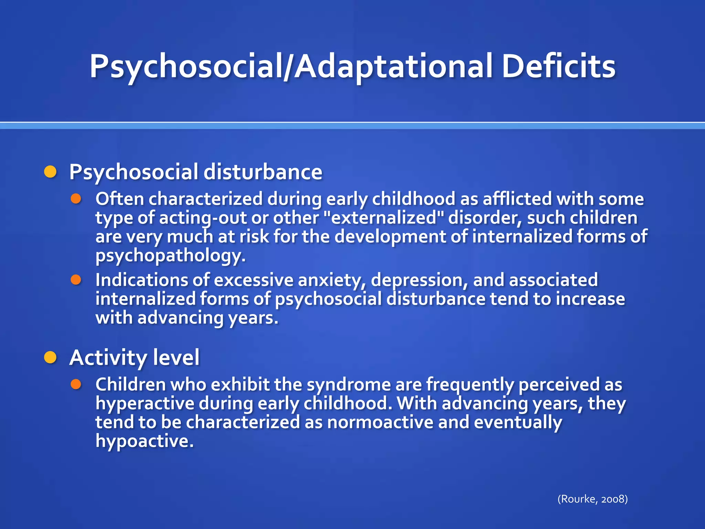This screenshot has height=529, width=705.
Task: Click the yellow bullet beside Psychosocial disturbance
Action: point(50,172)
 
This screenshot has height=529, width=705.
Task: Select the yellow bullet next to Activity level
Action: point(50,357)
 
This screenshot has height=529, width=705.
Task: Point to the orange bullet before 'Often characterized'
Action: point(76,199)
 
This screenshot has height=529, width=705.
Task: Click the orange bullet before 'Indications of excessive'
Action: point(76,280)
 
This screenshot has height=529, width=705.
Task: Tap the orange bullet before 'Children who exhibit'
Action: point(76,384)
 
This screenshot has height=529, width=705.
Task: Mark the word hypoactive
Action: point(145,441)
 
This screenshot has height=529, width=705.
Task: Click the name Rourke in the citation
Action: point(578,499)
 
